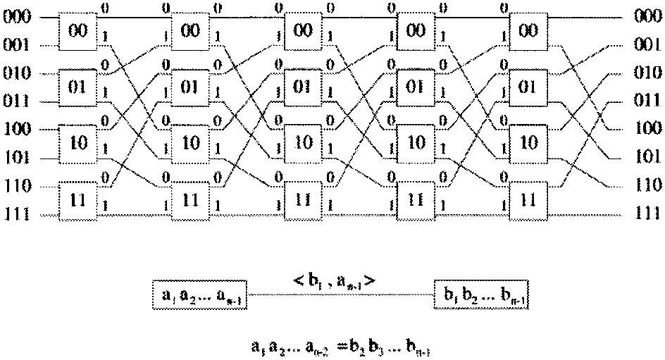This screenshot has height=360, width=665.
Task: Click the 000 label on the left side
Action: (x=15, y=18)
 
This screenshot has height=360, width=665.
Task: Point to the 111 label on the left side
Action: (x=15, y=213)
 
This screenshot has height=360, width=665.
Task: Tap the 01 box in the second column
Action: (x=190, y=88)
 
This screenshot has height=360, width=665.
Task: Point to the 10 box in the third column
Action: (x=303, y=144)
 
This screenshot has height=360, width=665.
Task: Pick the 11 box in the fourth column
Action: (x=416, y=199)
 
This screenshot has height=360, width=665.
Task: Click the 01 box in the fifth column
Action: (x=528, y=88)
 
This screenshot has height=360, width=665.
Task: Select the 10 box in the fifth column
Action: (x=528, y=144)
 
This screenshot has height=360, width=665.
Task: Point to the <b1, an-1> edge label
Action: (x=337, y=281)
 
